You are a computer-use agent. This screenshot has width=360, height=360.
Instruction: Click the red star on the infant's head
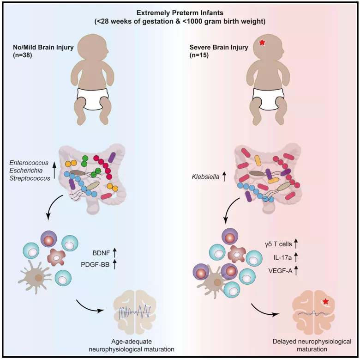(x=262, y=43)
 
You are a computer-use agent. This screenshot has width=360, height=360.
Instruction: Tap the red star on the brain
(x=326, y=302)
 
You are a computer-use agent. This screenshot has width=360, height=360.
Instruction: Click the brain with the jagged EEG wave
(x=135, y=310)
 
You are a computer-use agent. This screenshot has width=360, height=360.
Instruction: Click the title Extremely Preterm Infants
(x=180, y=13)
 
